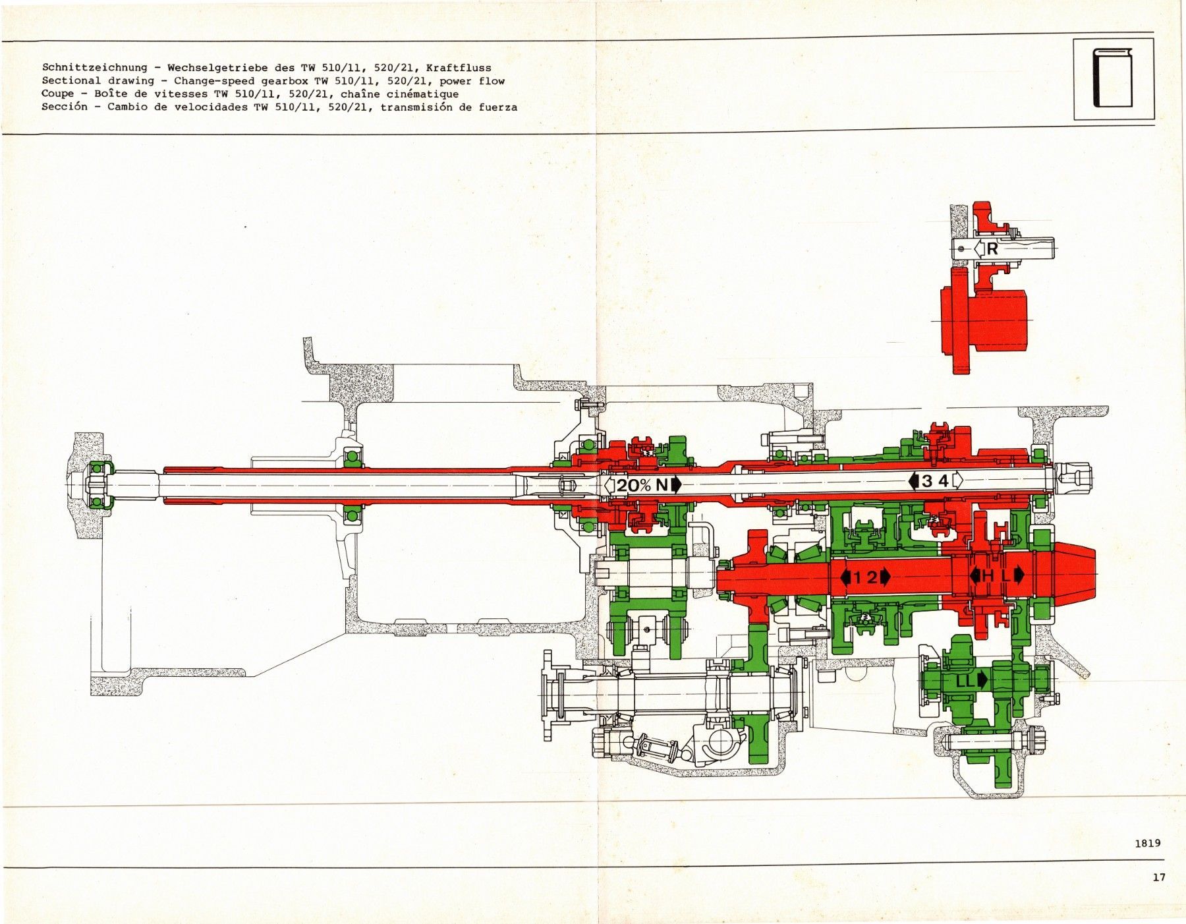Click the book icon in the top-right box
(1114, 78)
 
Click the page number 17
(1160, 877)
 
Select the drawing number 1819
(1147, 842)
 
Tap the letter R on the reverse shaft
(992, 250)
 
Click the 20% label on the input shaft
(634, 486)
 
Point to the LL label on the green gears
(965, 680)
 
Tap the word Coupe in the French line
(57, 94)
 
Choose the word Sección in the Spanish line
(64, 107)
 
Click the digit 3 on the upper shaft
(927, 481)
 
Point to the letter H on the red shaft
(988, 575)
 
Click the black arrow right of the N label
(676, 486)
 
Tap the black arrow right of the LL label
(983, 680)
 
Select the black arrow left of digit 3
(913, 481)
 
